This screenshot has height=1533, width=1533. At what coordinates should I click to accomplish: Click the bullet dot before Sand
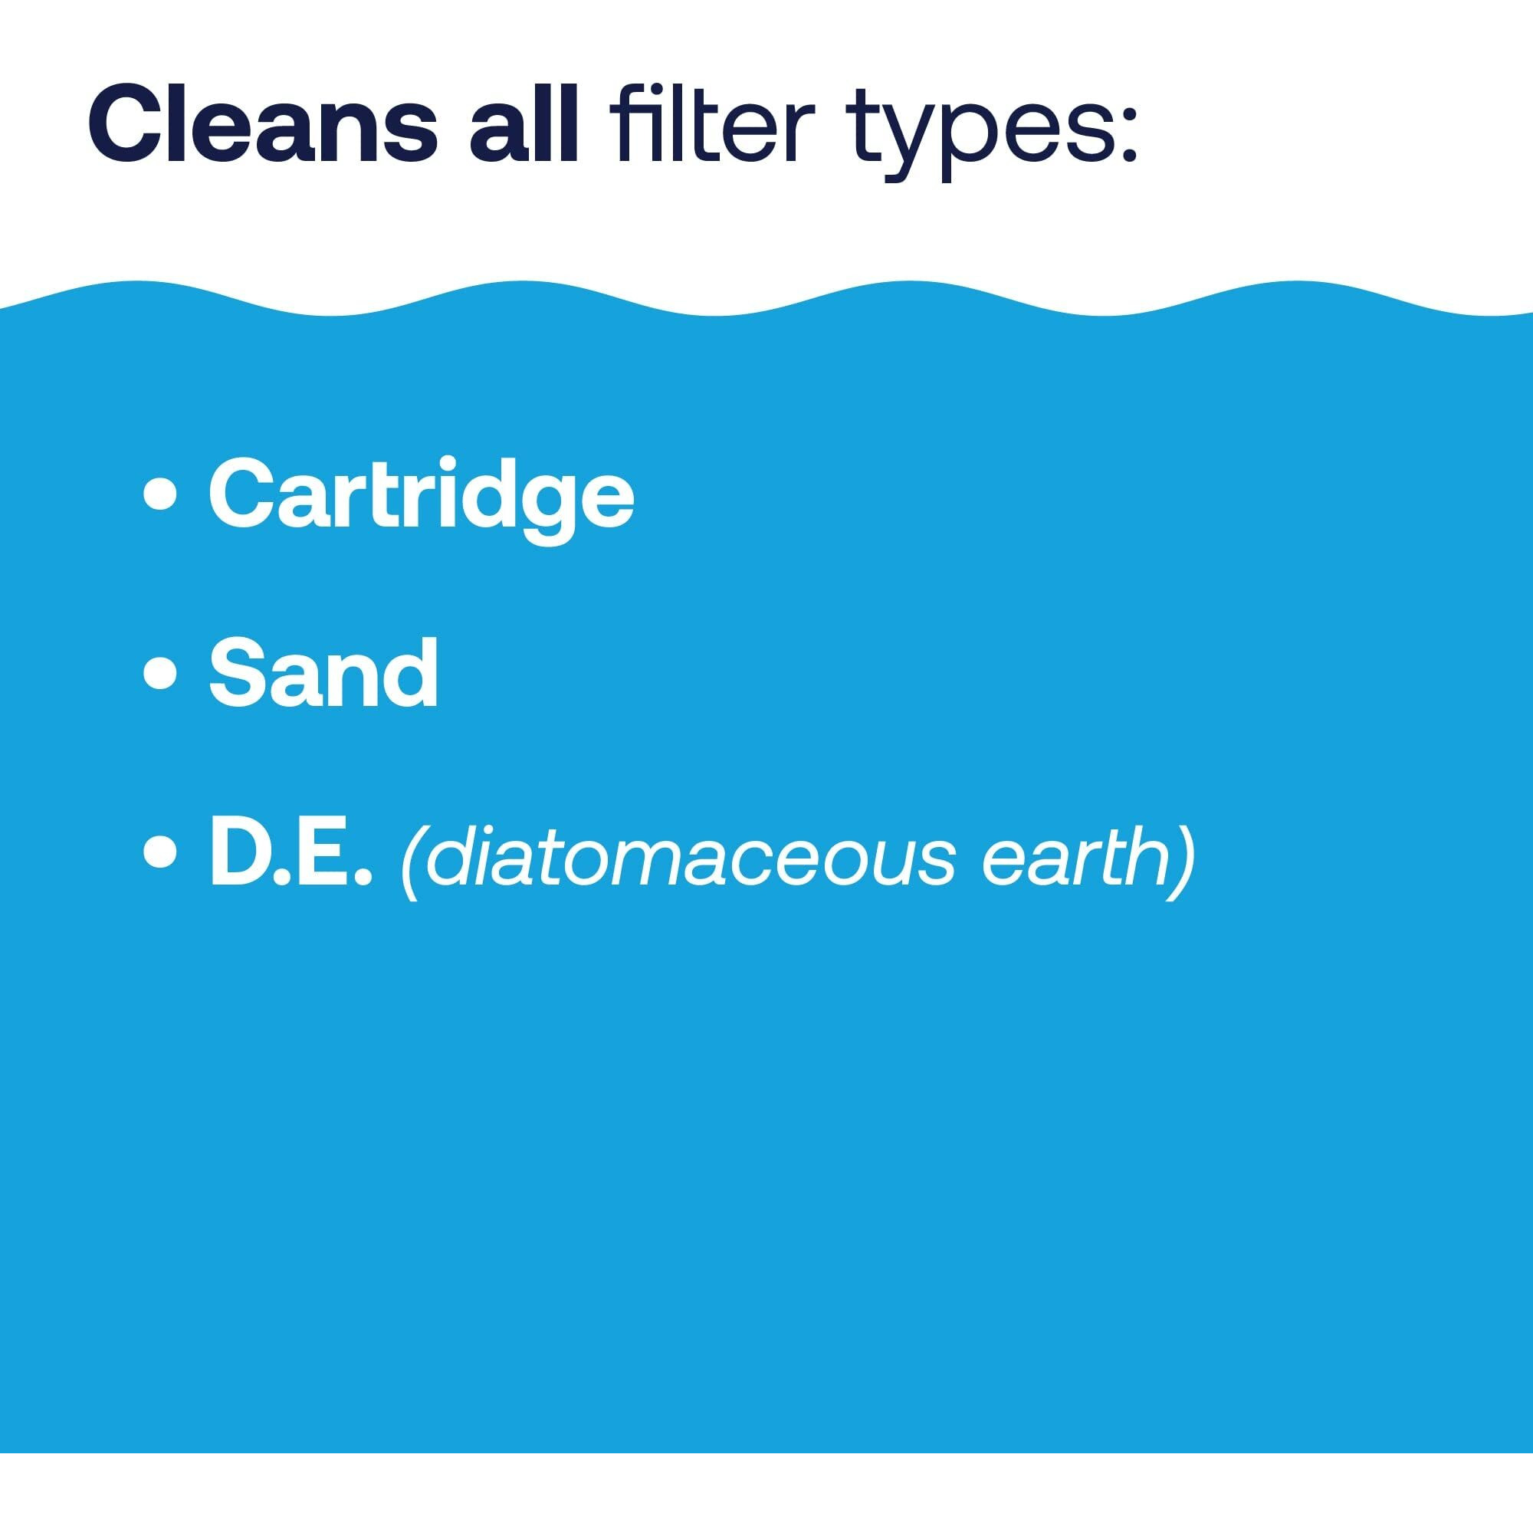[160, 675]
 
